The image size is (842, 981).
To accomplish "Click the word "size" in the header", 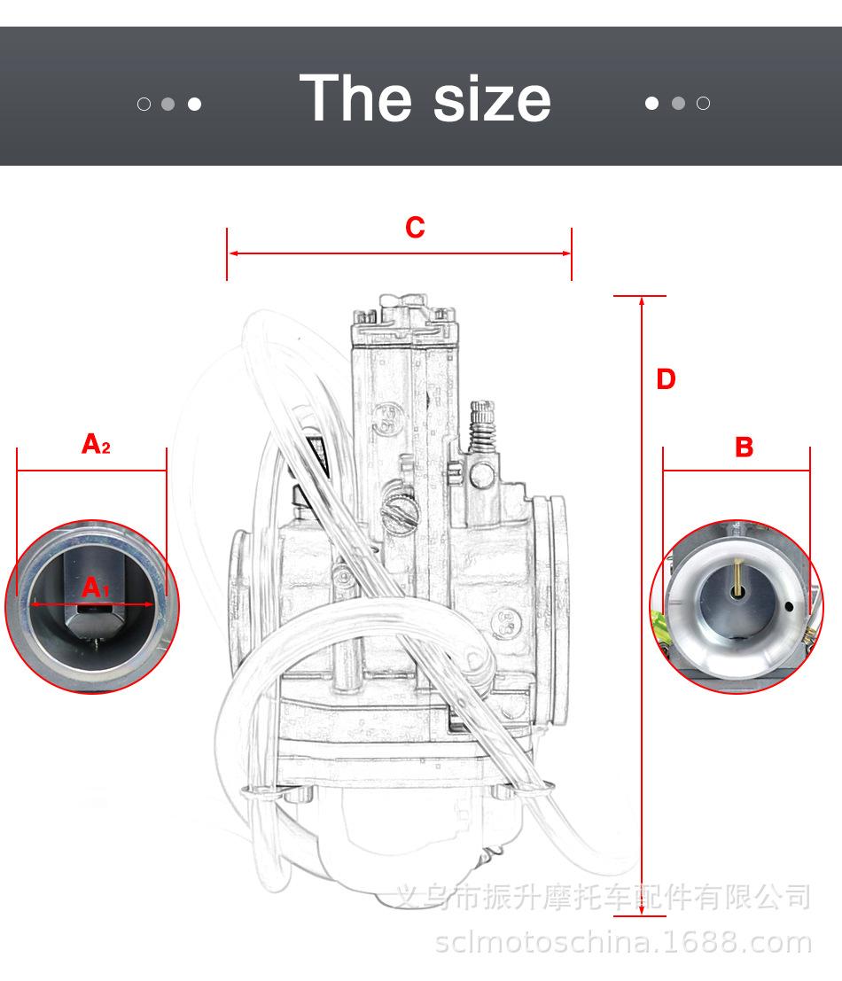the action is tap(492, 98).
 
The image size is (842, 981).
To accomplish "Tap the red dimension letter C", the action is tap(415, 228).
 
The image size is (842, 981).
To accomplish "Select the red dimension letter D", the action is tap(666, 379).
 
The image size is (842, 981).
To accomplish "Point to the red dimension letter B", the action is tap(744, 448).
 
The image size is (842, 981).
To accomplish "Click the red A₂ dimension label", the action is tap(95, 443).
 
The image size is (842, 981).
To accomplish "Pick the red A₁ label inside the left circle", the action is tap(94, 588).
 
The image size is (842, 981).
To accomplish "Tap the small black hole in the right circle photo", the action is tap(789, 607).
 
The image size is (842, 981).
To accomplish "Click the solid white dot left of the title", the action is tap(194, 104).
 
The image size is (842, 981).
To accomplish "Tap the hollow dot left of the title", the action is tap(144, 104).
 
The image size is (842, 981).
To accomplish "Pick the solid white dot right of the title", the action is tap(652, 103).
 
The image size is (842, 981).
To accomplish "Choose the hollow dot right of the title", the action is tap(703, 103).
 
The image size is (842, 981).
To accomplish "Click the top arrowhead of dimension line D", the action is tap(641, 301).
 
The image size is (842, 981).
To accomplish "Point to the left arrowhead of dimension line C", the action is tap(232, 253).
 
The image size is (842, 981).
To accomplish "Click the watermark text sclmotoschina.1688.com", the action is tap(623, 943).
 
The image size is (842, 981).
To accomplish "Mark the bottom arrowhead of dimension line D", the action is tap(641, 910).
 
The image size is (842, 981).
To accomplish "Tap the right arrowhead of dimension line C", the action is tap(566, 253).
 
